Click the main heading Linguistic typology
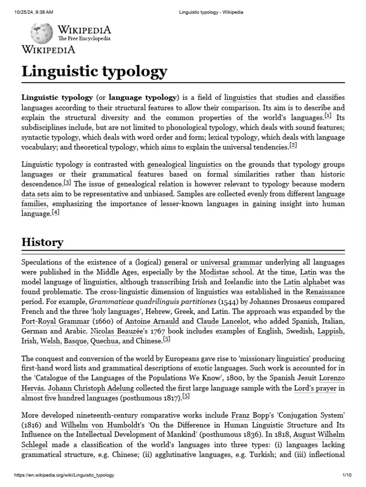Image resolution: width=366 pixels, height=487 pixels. point(94,71)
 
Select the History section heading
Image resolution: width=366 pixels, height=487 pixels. point(42,242)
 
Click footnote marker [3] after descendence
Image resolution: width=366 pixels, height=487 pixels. point(67,183)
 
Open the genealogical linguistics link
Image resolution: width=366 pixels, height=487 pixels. point(184,164)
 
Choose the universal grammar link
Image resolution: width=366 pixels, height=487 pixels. point(231,262)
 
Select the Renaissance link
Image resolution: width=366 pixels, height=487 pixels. point(325,292)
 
